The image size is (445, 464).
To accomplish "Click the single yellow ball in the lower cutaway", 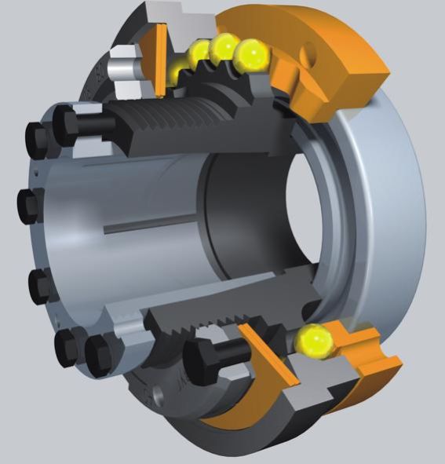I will (x=315, y=340).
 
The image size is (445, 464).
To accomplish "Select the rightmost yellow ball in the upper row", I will (x=253, y=53).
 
